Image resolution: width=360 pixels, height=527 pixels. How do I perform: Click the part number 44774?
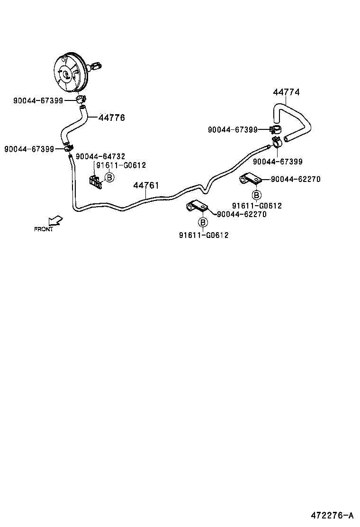pos(287,92)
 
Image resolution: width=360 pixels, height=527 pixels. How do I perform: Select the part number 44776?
pos(111,118)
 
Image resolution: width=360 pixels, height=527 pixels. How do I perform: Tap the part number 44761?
pos(146,185)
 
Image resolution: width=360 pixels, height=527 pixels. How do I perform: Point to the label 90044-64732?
pos(100,156)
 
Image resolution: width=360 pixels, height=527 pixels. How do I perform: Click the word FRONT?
pos(44,229)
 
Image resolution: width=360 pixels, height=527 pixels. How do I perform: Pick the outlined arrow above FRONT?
pos(55,220)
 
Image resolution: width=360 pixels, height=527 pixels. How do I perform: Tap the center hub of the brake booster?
pos(66,74)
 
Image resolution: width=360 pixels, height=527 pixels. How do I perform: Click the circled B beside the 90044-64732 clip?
pos(109,177)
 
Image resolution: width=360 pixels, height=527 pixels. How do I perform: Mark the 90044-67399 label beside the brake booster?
pos(39,100)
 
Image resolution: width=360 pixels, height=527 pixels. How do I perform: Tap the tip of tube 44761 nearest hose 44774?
pos(269,146)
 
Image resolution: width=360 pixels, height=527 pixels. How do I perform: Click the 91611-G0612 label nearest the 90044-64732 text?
pos(121,165)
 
